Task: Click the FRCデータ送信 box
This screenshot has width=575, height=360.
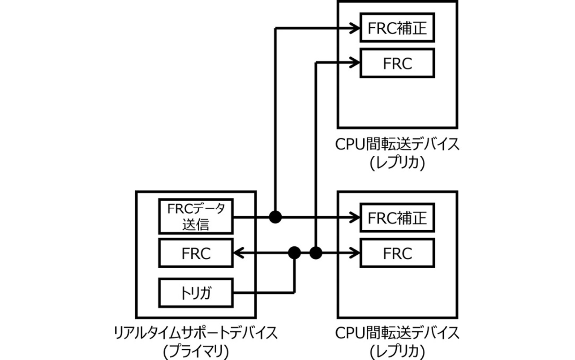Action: point(196,217)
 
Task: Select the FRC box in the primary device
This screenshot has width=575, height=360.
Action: point(196,253)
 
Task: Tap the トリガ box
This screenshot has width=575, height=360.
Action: point(196,293)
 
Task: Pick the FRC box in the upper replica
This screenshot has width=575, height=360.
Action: point(397,63)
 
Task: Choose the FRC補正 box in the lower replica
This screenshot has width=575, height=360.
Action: point(397,218)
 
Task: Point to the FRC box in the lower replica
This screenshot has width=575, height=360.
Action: point(397,253)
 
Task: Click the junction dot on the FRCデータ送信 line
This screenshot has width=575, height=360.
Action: point(275,218)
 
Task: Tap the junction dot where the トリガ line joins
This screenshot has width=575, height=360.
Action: point(294,253)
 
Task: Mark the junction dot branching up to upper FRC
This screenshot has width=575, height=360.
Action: point(316,253)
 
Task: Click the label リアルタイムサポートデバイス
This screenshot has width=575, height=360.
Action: point(196,333)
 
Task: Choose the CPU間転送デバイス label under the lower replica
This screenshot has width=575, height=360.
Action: point(397,333)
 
